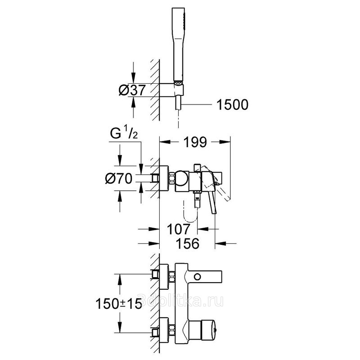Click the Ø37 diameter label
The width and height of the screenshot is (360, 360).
pos(132,90)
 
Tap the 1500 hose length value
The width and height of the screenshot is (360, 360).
pos(232,105)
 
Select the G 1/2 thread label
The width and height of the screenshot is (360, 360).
pos(124,134)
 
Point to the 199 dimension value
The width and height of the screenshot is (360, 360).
pos(195,142)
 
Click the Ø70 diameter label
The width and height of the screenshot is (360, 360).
pos(119,178)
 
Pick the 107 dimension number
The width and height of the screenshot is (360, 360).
pos(178,229)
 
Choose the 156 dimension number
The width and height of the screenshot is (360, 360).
pos(187,243)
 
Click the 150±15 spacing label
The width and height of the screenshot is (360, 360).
pos(119,304)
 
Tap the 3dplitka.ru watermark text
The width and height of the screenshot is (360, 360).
pos(180,300)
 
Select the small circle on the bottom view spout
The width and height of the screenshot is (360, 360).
pos(197,277)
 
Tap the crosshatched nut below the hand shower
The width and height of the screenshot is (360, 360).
pos(178,83)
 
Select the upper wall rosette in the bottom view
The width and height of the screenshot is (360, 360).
pos(164,277)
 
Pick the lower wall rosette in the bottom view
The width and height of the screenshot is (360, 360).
pos(164,331)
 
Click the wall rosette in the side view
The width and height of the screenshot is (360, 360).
pos(164,178)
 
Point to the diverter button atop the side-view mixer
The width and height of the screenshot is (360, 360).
pos(197,167)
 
